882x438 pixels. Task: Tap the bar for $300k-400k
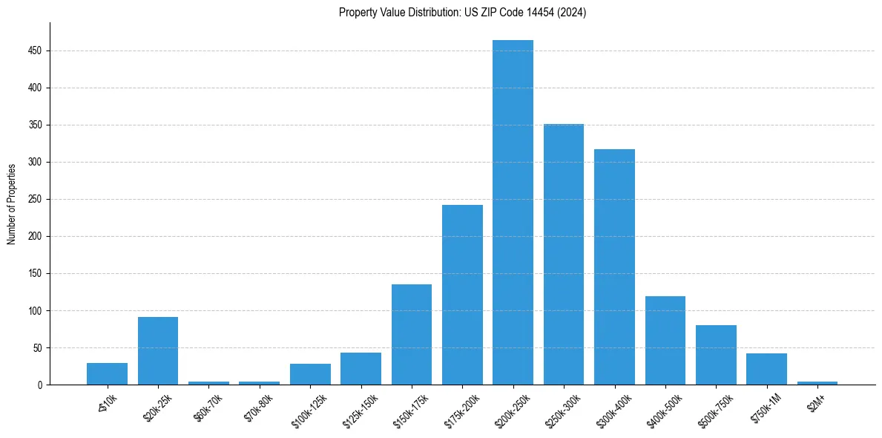[614, 267]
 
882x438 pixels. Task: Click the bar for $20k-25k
[158, 351]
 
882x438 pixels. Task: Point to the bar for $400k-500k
[665, 341]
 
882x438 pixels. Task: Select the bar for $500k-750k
[716, 355]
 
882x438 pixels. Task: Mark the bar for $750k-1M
[766, 369]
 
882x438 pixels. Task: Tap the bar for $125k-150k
[361, 369]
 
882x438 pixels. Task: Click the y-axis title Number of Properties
[11, 203]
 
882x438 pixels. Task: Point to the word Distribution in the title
[418, 13]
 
